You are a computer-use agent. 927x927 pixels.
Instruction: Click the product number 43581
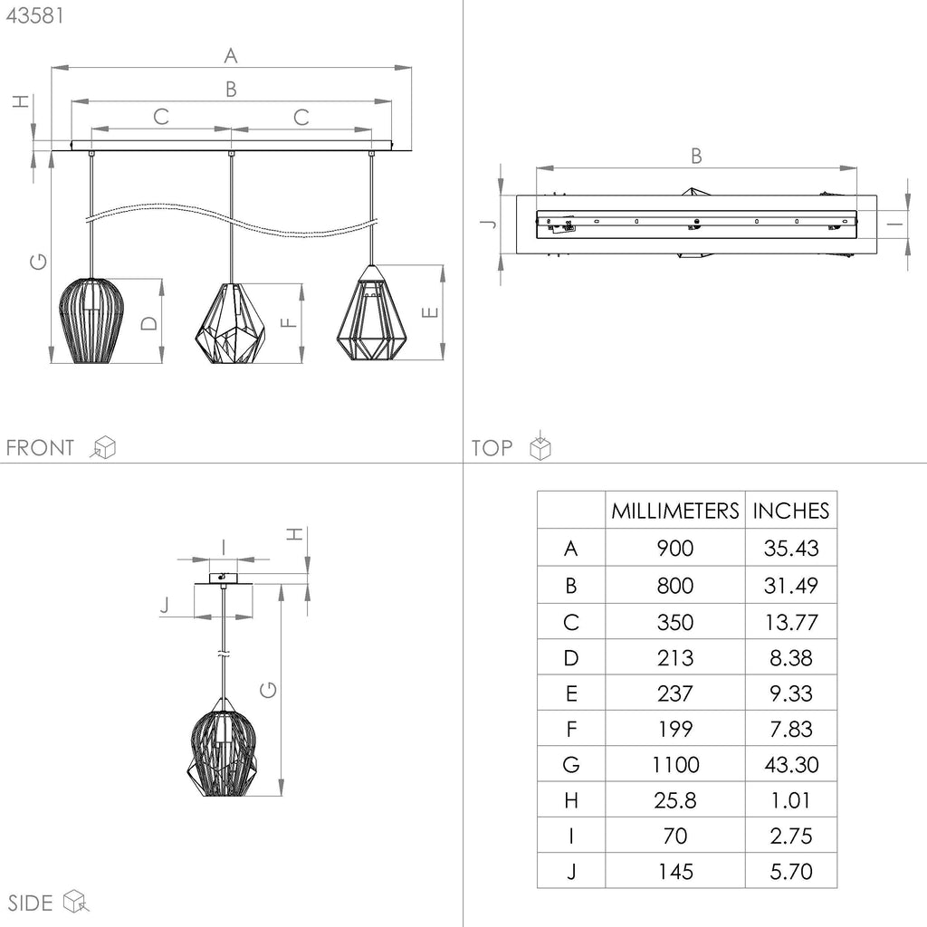[x=34, y=15]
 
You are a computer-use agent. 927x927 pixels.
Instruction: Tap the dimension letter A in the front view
[x=231, y=55]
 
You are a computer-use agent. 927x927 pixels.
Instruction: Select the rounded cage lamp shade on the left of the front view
[x=91, y=320]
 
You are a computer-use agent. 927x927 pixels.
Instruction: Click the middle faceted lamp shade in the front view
[x=230, y=323]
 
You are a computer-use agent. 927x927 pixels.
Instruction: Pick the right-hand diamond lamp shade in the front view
[x=371, y=312]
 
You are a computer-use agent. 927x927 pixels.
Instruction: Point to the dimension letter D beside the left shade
[x=149, y=323]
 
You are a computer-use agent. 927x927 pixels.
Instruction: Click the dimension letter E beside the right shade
[x=430, y=312]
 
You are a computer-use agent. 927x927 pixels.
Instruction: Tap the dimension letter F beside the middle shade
[x=288, y=323]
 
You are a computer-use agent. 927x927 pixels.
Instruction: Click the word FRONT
[x=40, y=447]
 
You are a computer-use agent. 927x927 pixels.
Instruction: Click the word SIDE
[x=30, y=903]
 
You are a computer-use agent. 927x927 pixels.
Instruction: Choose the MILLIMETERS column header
[x=675, y=511]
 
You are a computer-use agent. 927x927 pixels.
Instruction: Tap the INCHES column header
[x=791, y=511]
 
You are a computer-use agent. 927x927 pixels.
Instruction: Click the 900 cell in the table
[x=675, y=548]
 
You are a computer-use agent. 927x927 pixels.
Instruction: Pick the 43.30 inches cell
[x=791, y=764]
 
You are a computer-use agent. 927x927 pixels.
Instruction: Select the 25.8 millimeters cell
[x=675, y=800]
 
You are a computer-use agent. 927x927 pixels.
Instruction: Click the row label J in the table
[x=571, y=871]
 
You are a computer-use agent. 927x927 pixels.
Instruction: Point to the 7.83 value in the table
[x=791, y=729]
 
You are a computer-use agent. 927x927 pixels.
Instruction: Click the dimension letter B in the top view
[x=696, y=156]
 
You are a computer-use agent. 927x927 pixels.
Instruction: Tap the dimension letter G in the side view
[x=268, y=689]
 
